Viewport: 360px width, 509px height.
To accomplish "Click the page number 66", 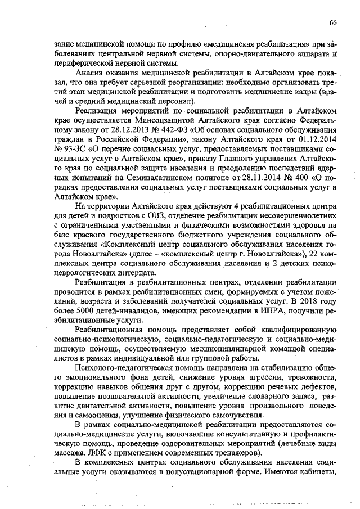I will [x=333, y=22].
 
